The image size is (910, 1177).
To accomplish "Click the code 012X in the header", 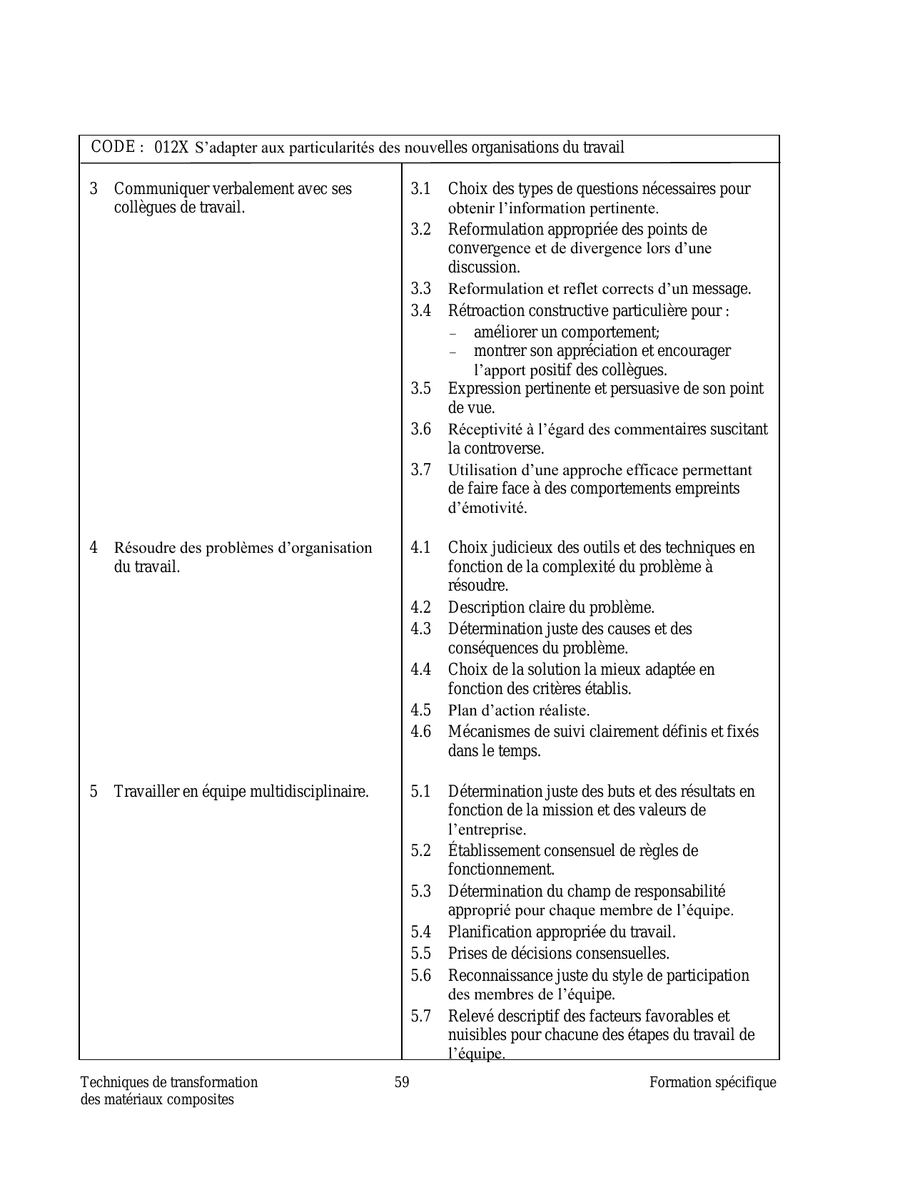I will pyautogui.click(x=171, y=148).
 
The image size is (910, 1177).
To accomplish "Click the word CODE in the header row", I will pyautogui.click(x=113, y=147).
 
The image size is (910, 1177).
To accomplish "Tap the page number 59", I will pyautogui.click(x=402, y=1082).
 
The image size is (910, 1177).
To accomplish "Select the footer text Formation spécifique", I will pyautogui.click(x=712, y=1082).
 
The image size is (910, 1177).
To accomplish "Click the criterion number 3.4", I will pyautogui.click(x=421, y=311).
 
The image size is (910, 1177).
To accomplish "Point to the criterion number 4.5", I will pyautogui.click(x=421, y=710).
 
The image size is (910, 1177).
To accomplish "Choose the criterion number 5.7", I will pyautogui.click(x=421, y=1016).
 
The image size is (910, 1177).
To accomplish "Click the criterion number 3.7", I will pyautogui.click(x=421, y=470).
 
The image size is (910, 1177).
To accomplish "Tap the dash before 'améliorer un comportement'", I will pyautogui.click(x=453, y=333).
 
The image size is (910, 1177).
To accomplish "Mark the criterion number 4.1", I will pyautogui.click(x=421, y=548).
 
